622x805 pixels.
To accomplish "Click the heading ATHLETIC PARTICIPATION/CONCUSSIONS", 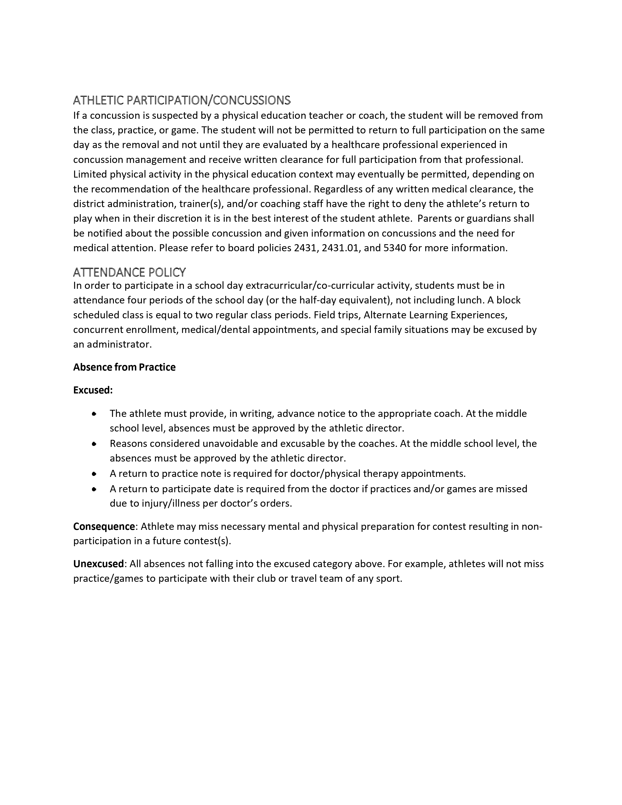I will pos(182,100).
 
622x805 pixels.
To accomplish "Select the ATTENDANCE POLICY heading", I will pos(129,272).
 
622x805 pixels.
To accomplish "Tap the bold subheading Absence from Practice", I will pos(124,367).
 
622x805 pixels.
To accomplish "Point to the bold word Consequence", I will pos(104,526).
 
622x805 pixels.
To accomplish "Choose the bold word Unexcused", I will pos(98,564).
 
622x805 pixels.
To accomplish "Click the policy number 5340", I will pos(395,248).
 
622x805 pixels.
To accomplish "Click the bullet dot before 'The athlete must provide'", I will pos(94,414).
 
